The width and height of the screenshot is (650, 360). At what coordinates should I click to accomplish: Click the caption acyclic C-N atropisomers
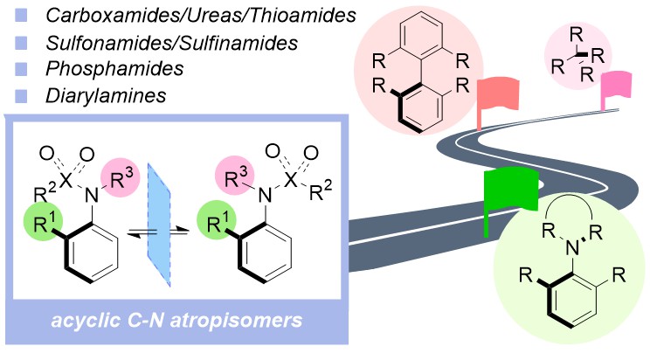pos(169,322)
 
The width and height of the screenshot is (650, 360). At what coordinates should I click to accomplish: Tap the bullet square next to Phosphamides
pos(19,69)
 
